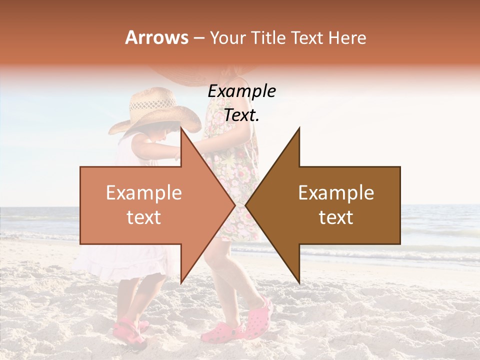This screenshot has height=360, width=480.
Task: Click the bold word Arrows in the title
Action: (157, 37)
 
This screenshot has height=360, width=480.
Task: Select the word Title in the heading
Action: (268, 37)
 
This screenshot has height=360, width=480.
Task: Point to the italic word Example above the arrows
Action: (241, 91)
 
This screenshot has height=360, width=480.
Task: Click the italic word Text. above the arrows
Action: (241, 115)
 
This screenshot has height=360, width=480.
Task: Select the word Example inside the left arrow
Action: (143, 193)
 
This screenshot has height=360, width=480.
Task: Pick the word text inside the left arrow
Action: (143, 217)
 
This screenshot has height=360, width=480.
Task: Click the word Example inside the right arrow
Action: (336, 193)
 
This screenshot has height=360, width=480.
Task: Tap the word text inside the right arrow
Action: (336, 217)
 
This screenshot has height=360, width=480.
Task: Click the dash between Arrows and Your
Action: (198, 38)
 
